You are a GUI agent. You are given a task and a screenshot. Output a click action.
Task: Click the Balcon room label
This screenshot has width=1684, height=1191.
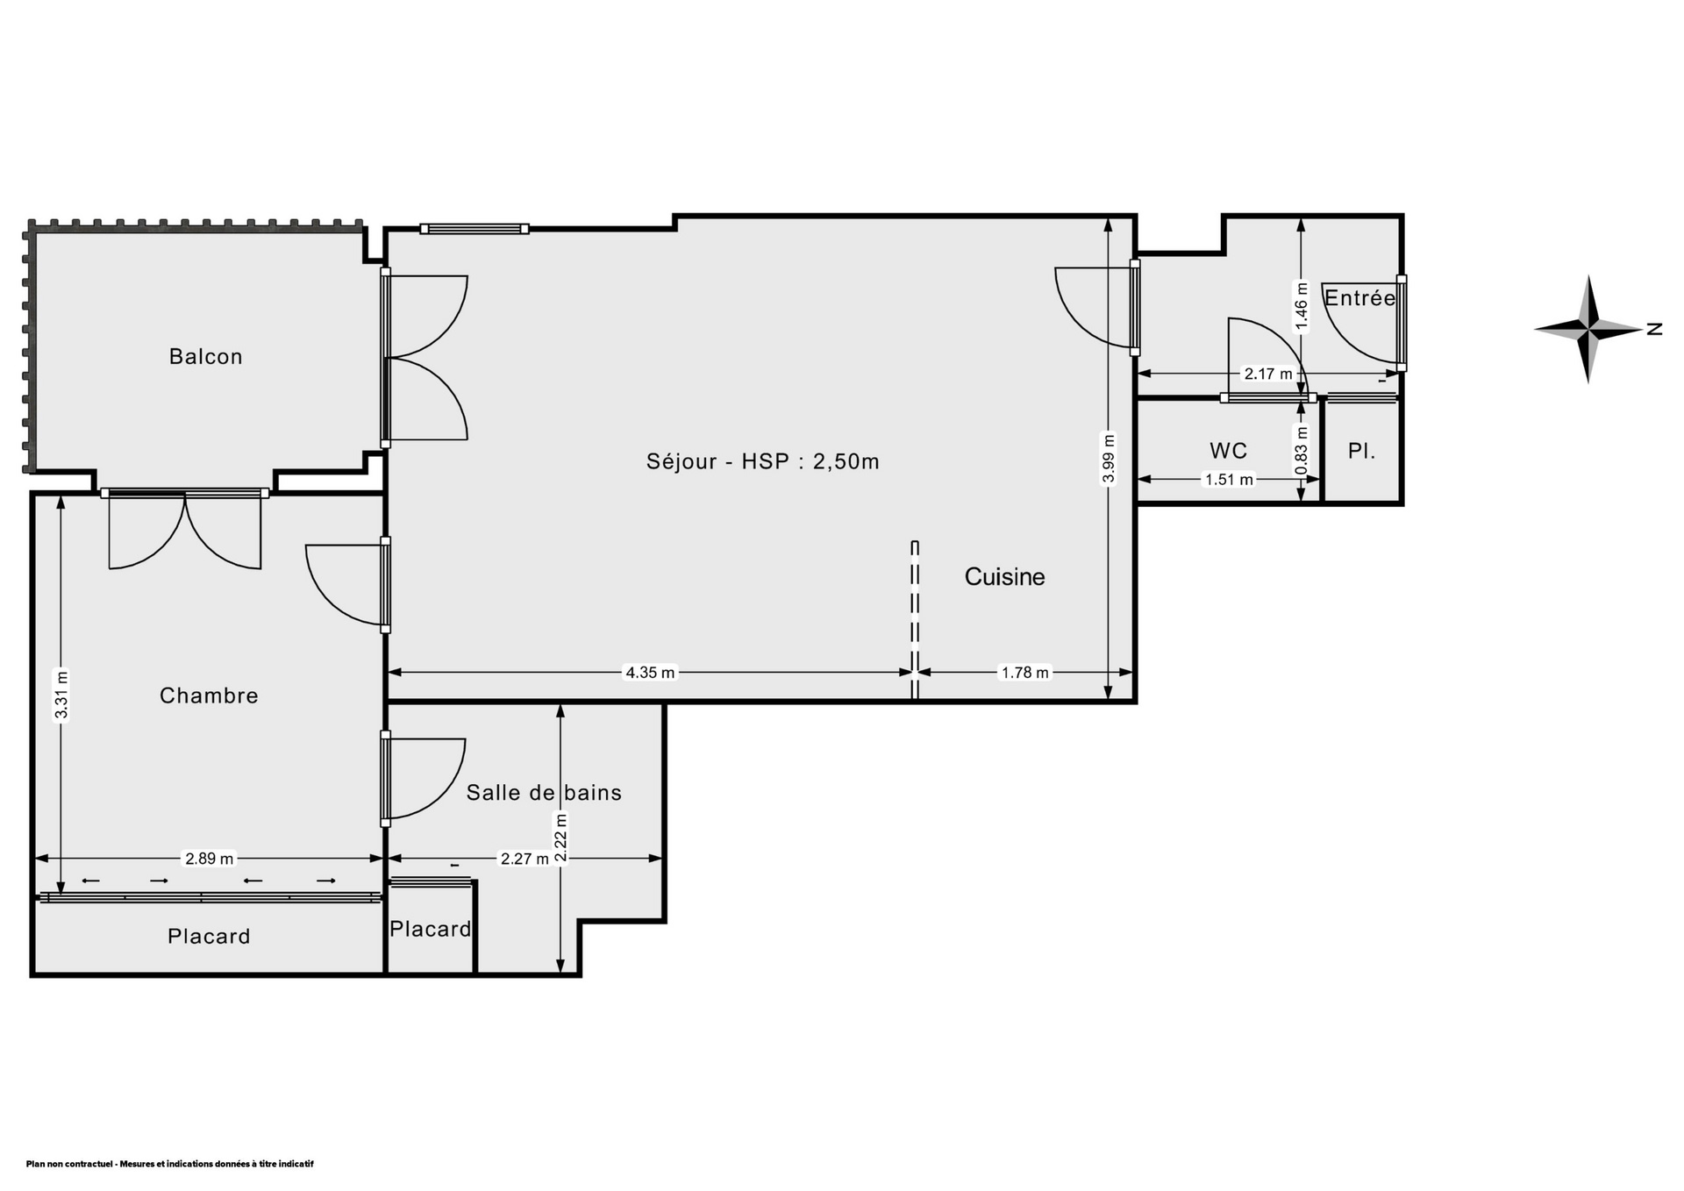coord(205,356)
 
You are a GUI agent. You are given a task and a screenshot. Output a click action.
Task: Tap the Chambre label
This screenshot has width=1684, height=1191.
coord(209,695)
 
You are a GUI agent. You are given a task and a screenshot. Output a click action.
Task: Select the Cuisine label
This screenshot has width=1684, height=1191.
coord(1005,576)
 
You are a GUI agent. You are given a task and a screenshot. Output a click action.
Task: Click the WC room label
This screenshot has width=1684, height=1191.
coord(1228,451)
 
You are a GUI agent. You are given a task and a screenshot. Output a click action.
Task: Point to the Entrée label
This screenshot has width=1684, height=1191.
coord(1359,297)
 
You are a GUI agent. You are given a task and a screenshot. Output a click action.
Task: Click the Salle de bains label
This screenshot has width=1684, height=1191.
coord(544,793)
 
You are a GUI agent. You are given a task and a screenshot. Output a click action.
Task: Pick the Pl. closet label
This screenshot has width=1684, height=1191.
coord(1361,452)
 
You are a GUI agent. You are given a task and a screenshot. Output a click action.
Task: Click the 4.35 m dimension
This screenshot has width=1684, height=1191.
coord(650,673)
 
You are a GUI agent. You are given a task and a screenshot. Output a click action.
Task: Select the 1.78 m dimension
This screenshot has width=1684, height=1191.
coord(1025,673)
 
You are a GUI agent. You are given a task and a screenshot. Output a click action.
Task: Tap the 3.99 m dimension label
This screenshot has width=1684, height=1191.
coord(1109,458)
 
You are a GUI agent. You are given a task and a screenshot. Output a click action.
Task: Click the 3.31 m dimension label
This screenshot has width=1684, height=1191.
coord(61,695)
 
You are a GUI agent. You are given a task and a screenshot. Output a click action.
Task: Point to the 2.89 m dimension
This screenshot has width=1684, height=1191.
coord(209,859)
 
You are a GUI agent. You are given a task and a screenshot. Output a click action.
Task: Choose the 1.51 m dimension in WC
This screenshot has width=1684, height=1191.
coord(1229,479)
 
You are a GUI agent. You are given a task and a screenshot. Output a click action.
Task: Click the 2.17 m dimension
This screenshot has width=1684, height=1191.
coord(1268,374)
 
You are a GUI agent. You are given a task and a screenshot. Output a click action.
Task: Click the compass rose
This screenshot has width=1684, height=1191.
coord(1588,330)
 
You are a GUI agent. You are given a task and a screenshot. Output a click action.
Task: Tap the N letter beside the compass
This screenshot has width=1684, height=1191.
coord(1654,330)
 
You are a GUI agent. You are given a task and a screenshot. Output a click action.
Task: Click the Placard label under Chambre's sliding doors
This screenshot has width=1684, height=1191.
coord(209,937)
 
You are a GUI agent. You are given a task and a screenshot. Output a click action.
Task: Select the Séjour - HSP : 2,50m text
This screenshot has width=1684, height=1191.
coord(763,461)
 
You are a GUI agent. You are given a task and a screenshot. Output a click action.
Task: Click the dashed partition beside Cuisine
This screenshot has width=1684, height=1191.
coord(915,620)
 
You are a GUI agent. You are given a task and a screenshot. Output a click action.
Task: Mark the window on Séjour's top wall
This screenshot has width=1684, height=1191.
coord(475,229)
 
